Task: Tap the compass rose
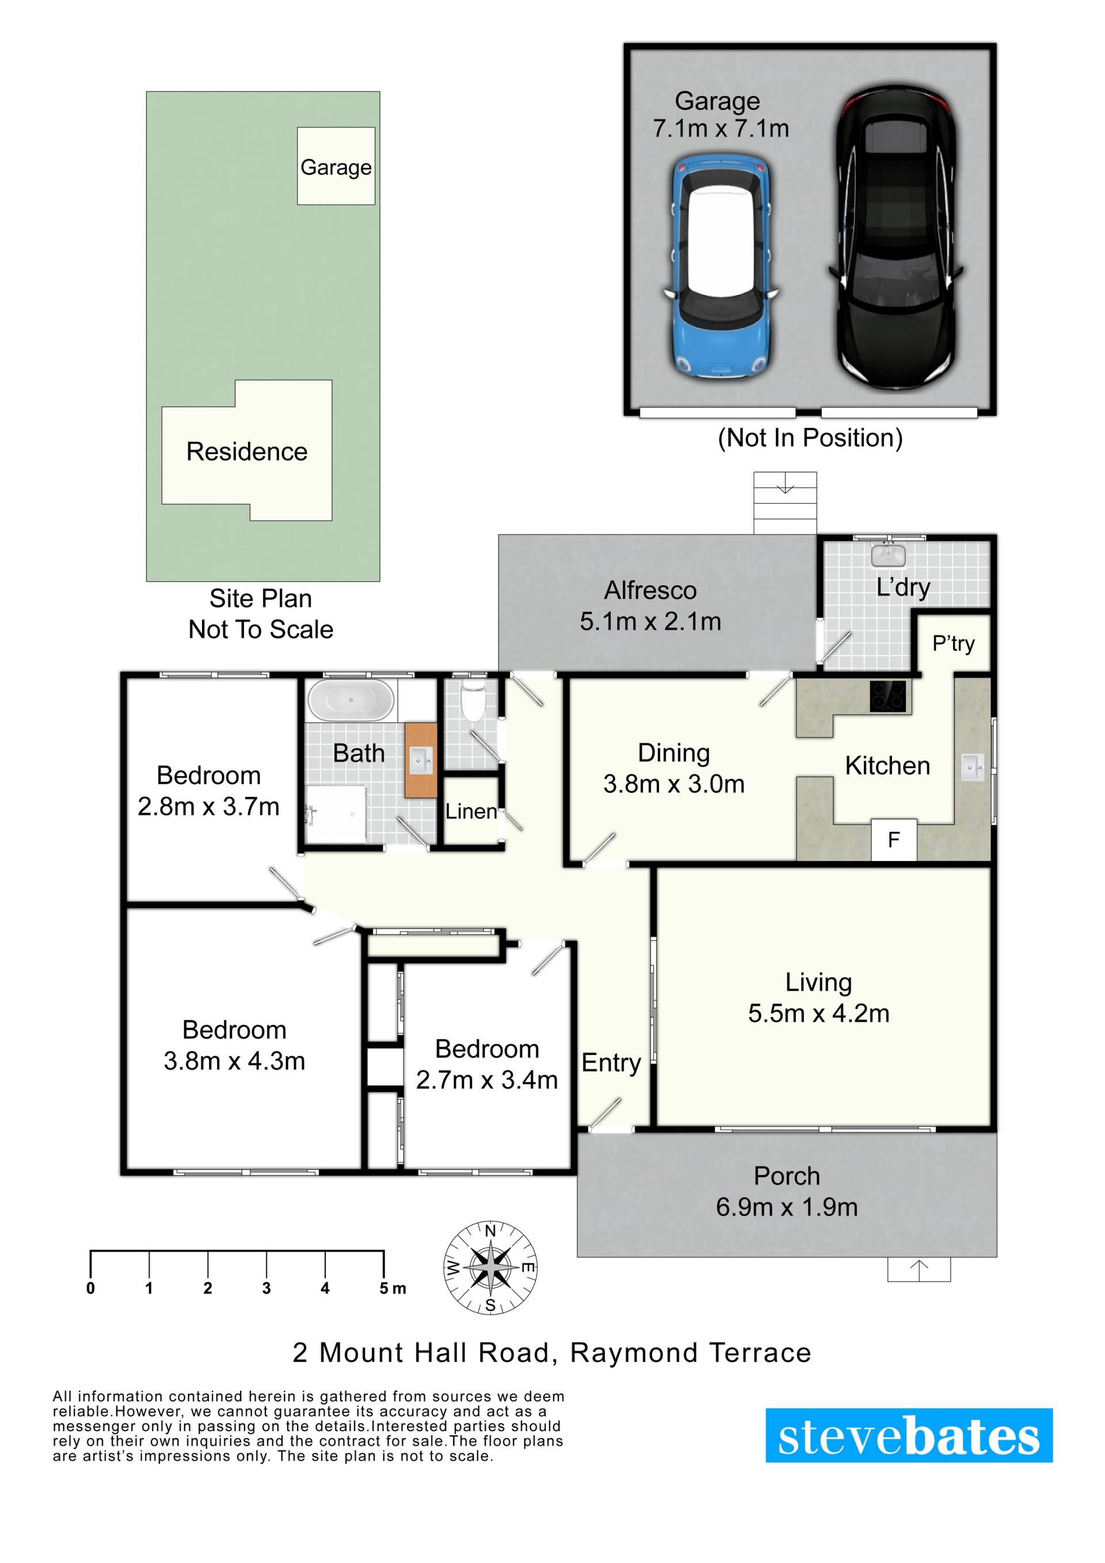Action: click(490, 1268)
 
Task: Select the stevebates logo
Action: click(909, 1436)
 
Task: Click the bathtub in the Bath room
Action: click(351, 700)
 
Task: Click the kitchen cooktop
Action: click(887, 696)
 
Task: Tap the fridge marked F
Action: click(894, 840)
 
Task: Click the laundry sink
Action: click(889, 555)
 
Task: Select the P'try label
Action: click(953, 643)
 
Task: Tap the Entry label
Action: click(611, 1063)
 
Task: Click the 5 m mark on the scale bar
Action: click(392, 1288)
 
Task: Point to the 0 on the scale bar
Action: click(90, 1288)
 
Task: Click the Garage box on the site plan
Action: click(336, 166)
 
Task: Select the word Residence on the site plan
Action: click(246, 451)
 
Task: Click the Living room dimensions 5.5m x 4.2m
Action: click(818, 1013)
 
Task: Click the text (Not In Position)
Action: click(810, 438)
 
